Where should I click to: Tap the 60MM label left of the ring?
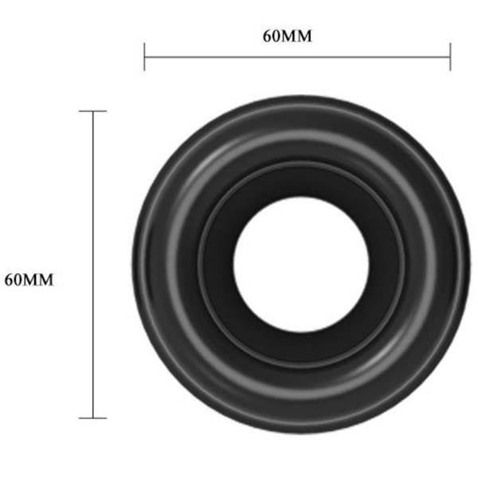click(x=29, y=280)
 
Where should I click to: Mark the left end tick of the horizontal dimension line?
click(x=144, y=57)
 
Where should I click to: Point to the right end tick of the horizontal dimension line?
click(x=450, y=57)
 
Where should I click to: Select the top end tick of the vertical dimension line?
click(x=93, y=112)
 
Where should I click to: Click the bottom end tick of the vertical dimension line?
click(x=93, y=417)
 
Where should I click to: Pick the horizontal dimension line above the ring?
click(x=297, y=57)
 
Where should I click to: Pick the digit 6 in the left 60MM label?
click(x=9, y=280)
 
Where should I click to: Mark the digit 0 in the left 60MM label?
click(x=18, y=280)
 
